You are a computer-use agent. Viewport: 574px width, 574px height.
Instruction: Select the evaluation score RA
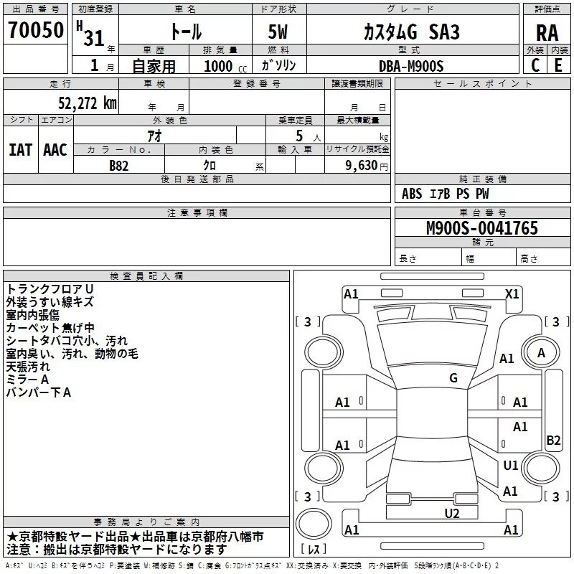coord(547,32)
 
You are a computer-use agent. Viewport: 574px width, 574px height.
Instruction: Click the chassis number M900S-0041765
coord(482,229)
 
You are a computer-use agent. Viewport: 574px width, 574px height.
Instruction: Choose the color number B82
coord(119,166)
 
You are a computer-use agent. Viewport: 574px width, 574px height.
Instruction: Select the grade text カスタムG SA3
coord(411,32)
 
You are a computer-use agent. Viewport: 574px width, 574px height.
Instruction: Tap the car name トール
coord(185,32)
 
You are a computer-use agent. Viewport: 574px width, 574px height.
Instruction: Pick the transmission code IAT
coord(21,150)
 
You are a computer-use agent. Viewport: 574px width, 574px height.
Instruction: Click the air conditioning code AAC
coord(55,150)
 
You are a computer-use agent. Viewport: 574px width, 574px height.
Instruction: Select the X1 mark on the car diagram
coord(512,293)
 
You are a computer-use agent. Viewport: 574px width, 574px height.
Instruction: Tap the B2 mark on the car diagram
coord(553,441)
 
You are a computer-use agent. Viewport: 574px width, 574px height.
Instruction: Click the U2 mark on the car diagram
coord(451,512)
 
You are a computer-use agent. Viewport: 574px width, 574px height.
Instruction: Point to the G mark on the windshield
coord(453,378)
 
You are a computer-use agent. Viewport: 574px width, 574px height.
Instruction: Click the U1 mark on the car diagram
coord(511,466)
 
